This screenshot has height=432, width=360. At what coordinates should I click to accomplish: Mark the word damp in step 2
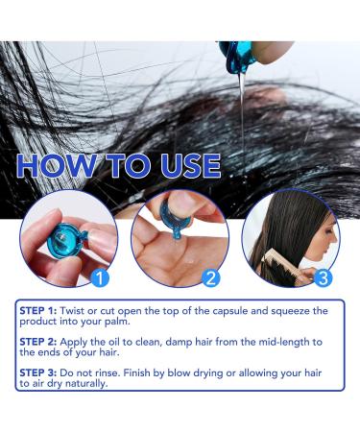pyautogui.click(x=176, y=344)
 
